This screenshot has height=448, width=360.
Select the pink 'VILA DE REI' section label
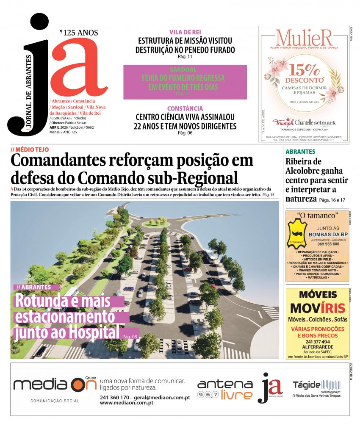[x=185, y=32]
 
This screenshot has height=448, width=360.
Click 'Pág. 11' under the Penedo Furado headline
[x=185, y=57]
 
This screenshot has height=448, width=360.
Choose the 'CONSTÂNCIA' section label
[x=185, y=108]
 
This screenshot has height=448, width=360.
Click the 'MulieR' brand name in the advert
[x=304, y=39]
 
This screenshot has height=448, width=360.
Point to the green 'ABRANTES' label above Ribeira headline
[x=300, y=152]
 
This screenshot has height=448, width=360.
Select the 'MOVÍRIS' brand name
[x=317, y=308]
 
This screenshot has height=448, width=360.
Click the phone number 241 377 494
[x=317, y=342]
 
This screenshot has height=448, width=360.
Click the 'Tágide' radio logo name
[x=306, y=384]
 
